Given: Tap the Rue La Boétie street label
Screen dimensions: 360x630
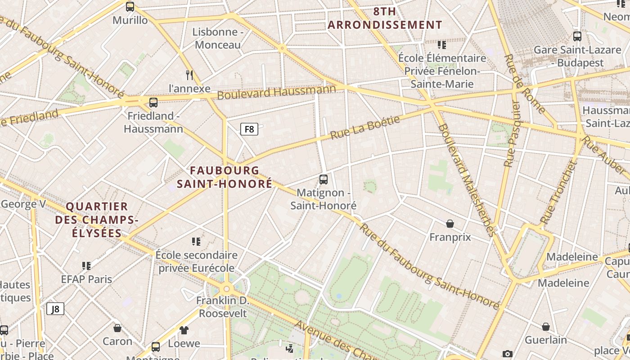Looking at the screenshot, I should [365, 127].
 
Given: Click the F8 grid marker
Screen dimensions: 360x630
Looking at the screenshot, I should [249, 130].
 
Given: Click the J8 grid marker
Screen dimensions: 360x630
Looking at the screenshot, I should [55, 309].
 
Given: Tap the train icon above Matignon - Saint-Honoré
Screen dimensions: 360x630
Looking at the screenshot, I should [323, 180].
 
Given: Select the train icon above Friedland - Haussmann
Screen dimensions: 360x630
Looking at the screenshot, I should [153, 102].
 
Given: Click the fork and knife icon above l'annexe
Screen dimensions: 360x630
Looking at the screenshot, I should [189, 75].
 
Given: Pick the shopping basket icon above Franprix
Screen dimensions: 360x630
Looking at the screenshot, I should [450, 224].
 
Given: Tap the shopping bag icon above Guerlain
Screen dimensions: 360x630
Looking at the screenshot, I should [545, 327].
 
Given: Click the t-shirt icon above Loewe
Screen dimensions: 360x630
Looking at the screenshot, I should [184, 330].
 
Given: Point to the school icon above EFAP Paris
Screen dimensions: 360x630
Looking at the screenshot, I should [86, 266].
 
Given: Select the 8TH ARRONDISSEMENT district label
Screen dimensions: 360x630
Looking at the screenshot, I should [385, 18].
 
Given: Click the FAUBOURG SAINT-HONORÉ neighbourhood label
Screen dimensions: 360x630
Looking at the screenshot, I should [225, 177].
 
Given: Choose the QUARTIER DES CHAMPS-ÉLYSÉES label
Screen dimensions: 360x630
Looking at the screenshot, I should [97, 220].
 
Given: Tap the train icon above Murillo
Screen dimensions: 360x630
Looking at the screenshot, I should [130, 7].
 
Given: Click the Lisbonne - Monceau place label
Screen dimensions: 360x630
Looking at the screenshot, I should [218, 38].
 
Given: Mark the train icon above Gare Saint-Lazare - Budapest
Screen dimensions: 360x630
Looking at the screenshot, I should [577, 36].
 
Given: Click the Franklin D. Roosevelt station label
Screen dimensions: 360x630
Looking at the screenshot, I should [223, 306].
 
